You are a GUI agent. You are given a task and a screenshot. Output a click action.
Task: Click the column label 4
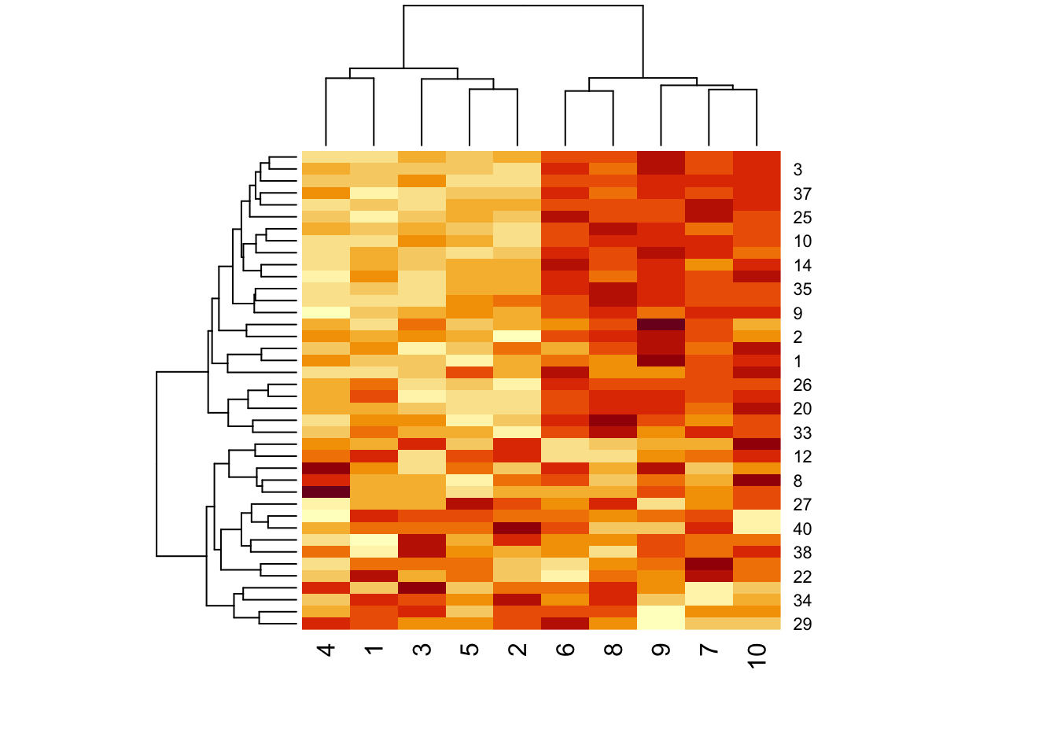click(x=326, y=650)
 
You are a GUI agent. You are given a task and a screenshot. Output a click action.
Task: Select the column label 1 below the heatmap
click(x=374, y=650)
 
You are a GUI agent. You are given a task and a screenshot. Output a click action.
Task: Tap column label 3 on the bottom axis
click(x=422, y=650)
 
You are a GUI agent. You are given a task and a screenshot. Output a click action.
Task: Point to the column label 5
click(x=470, y=650)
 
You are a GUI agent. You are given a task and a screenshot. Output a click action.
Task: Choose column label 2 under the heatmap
click(x=517, y=650)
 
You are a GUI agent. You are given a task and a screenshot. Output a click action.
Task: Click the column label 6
click(x=565, y=650)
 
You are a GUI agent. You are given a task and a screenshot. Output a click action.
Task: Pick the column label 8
click(x=613, y=650)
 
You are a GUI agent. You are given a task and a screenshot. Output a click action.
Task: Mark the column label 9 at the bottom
click(x=661, y=650)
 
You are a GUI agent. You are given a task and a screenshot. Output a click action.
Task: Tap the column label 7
click(x=709, y=650)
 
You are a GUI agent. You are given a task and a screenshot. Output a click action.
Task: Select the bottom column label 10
click(x=757, y=655)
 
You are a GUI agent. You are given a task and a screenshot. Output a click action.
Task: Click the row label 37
click(x=802, y=193)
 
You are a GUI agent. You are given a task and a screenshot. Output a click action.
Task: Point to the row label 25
click(x=802, y=217)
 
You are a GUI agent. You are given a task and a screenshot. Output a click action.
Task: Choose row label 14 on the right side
click(x=802, y=265)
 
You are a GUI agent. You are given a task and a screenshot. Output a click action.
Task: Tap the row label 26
click(x=802, y=385)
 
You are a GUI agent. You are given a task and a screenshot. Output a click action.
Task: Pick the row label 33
click(x=802, y=433)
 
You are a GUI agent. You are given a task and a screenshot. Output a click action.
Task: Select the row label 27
click(x=802, y=504)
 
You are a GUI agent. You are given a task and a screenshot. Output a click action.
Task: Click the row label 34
click(x=802, y=600)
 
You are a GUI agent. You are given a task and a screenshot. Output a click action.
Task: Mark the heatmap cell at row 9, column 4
click(x=326, y=312)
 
